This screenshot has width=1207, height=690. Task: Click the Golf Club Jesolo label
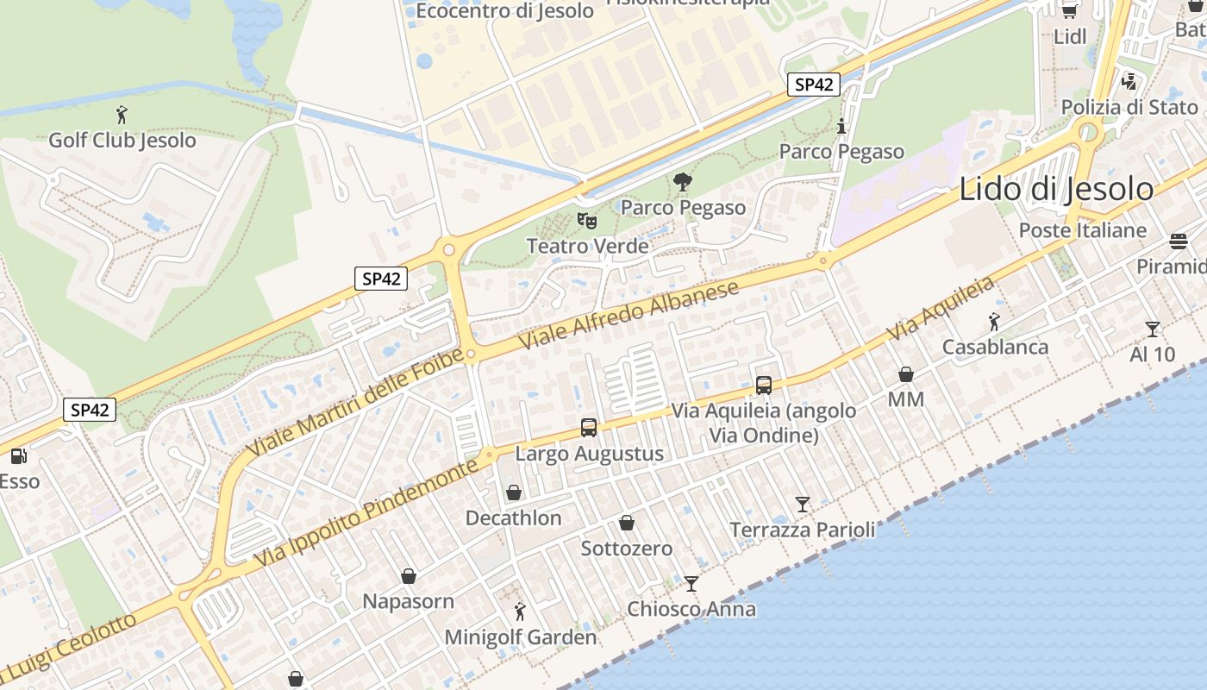(122, 140)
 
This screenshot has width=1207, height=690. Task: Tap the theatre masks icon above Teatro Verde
(587, 220)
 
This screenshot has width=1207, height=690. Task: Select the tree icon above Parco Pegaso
(683, 182)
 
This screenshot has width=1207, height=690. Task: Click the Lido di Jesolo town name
(1056, 189)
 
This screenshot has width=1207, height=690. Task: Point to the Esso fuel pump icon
(18, 455)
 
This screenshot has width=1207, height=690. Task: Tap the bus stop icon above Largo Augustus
(589, 427)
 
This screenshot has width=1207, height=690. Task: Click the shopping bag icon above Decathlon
(514, 492)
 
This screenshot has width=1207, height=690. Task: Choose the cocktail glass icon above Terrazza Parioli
(803, 504)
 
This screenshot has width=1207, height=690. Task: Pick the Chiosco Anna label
(691, 609)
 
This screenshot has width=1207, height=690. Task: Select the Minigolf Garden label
(520, 637)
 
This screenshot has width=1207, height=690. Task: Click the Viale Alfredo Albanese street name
(629, 314)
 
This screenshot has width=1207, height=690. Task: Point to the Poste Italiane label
(1083, 230)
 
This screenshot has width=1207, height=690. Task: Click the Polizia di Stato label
(1129, 107)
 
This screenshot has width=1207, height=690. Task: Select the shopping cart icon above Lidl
(1070, 10)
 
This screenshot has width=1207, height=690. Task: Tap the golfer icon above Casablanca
(994, 323)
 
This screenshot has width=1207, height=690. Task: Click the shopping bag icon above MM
(906, 374)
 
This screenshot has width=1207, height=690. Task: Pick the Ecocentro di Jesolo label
(504, 11)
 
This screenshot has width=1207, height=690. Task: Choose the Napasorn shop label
(409, 601)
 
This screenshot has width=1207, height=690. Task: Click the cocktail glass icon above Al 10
(1153, 329)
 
